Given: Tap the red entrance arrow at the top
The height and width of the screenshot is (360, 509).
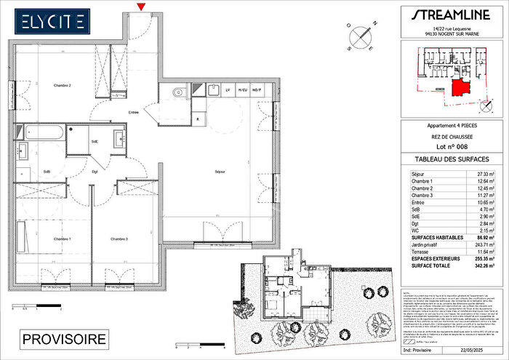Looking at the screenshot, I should (140, 7).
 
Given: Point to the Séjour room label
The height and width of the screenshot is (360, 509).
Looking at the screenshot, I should (219, 172).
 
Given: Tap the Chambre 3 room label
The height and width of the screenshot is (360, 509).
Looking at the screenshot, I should (120, 239).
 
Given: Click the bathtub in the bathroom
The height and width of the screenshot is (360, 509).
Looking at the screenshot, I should (43, 132).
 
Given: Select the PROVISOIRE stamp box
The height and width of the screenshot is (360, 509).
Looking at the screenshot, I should (64, 339).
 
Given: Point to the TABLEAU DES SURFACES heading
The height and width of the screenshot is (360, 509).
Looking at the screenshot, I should (451, 159).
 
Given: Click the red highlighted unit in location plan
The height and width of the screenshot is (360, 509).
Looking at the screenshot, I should (460, 88).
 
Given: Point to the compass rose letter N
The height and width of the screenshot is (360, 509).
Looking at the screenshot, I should (374, 24).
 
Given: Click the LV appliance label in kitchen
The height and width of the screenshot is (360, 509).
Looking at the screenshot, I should (228, 89).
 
